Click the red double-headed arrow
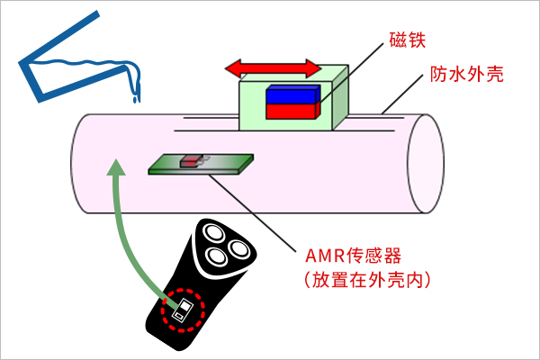click(x=273, y=68)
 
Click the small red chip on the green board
click(x=191, y=161)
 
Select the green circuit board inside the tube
click(x=225, y=164)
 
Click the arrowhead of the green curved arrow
click(x=113, y=166)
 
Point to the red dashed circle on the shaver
click(x=183, y=310)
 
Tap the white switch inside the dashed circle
click(x=184, y=310)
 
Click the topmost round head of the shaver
click(x=215, y=232)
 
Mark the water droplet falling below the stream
click(x=136, y=98)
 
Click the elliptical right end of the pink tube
click(x=425, y=165)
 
